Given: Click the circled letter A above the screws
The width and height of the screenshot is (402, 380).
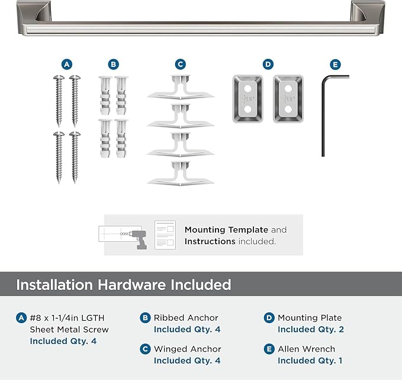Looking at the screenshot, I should point(67,64).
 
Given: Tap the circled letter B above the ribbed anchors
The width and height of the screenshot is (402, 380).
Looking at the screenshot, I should point(113,64).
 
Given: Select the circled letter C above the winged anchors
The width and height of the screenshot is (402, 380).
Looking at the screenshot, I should point(181,64).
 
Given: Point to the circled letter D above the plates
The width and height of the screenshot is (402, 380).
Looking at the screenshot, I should point(268,64).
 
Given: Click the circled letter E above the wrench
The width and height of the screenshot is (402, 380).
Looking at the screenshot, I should point(336,64).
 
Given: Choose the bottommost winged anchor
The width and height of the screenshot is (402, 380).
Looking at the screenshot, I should point(180,174).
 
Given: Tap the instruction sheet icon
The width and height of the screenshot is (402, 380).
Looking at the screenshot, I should point(165,235).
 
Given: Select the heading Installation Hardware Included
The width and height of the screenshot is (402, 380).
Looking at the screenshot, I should point(123,285).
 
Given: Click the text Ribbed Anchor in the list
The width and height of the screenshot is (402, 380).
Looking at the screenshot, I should point(186,318).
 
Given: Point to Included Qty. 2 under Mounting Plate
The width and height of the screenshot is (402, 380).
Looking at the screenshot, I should point(311,329).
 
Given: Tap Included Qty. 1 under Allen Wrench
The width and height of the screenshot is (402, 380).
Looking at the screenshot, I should point(310,360).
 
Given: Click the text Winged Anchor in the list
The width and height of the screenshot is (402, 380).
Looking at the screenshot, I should point(188,349).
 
